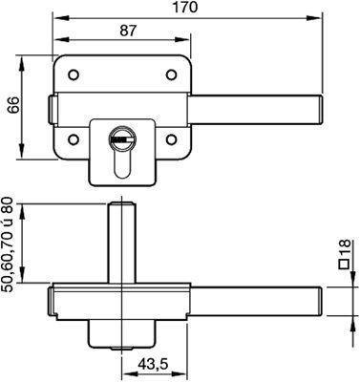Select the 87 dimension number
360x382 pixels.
128,31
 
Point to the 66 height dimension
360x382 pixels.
13,105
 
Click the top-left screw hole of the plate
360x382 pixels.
74,74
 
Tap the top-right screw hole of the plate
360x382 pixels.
171,74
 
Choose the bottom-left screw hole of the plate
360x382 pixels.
74,139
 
